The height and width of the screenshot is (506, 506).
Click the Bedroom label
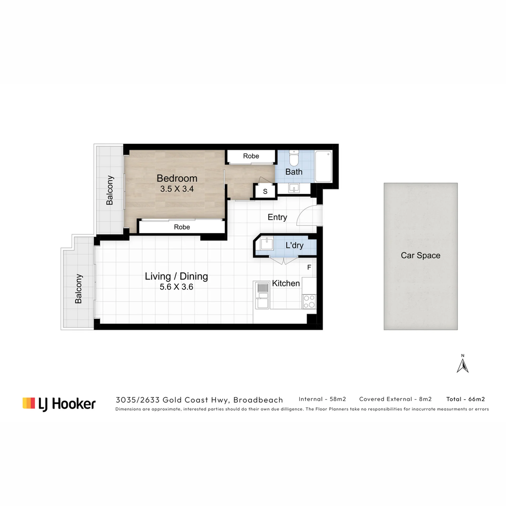(x=177, y=178)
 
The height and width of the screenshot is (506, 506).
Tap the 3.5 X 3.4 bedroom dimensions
(x=177, y=189)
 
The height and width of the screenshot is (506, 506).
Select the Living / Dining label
(x=176, y=276)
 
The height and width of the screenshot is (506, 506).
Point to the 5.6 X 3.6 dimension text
(x=176, y=287)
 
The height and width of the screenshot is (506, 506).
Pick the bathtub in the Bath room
(x=323, y=166)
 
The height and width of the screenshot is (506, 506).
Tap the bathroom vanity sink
(x=294, y=188)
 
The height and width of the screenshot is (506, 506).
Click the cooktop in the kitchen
(x=309, y=301)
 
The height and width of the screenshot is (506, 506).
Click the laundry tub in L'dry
(x=267, y=243)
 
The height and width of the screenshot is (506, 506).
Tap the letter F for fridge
(x=309, y=267)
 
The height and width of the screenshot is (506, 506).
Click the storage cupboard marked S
(x=265, y=191)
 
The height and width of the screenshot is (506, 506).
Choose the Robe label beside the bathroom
(x=251, y=156)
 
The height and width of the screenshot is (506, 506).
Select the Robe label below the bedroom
(x=182, y=227)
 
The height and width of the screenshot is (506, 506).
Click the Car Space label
(x=421, y=255)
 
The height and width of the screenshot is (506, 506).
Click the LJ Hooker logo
(x=59, y=404)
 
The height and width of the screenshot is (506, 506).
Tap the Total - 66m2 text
(x=466, y=399)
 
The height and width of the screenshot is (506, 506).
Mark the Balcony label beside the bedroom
(x=110, y=190)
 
